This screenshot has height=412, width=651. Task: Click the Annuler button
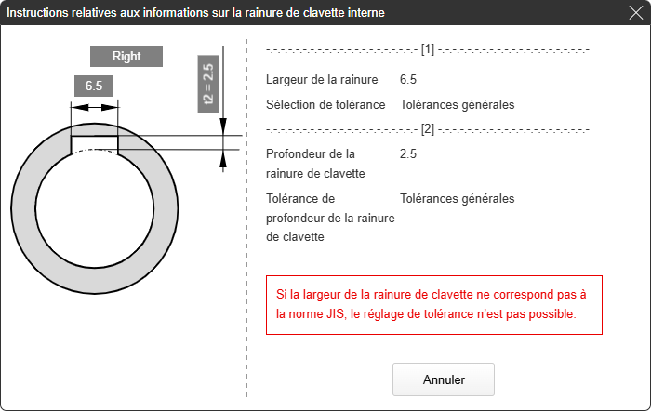pos(444,379)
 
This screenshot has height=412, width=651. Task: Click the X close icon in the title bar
pos(635,12)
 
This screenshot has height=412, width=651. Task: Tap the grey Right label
pos(126,56)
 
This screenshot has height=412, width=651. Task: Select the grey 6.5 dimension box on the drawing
pos(94,86)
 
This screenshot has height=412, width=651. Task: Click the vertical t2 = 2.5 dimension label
pos(208,84)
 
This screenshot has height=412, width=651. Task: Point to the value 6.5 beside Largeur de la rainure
pos(408,79)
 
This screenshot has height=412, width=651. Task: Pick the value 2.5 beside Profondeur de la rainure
pos(408,153)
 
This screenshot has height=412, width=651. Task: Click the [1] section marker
pos(428,49)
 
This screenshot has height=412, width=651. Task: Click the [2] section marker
pos(428,129)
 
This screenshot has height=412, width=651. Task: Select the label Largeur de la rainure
pos(322,79)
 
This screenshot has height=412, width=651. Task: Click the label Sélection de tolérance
pos(325,104)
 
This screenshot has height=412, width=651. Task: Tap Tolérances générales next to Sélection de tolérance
pos(458,104)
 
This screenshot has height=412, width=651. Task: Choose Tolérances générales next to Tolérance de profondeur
pos(458,198)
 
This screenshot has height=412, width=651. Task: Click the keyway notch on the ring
pos(94,144)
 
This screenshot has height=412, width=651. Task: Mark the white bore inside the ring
pos(95,208)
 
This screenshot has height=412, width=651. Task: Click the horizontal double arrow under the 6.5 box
pos(95,108)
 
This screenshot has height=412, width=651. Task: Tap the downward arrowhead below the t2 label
pos(223,126)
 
